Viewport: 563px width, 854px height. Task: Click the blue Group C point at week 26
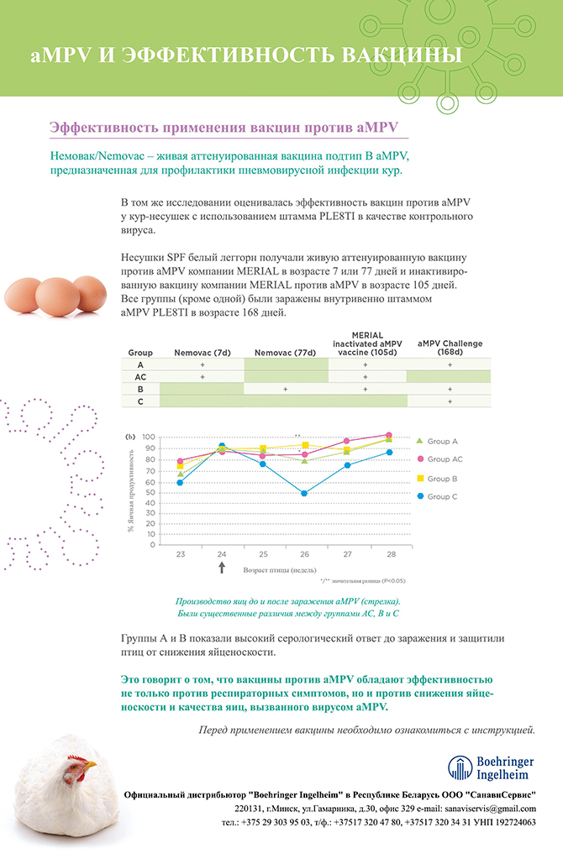pyautogui.click(x=304, y=494)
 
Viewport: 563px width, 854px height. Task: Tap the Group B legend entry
pyautogui.click(x=442, y=478)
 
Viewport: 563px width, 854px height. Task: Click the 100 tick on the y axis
pyautogui.click(x=150, y=437)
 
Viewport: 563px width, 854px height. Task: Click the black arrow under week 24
pyautogui.click(x=222, y=568)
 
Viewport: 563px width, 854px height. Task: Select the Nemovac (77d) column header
pyautogui.click(x=285, y=353)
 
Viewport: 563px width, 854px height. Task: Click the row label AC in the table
pyautogui.click(x=140, y=378)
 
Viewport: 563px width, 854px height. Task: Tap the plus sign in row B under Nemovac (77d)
pyautogui.click(x=285, y=390)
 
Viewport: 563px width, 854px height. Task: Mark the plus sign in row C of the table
pyautogui.click(x=450, y=402)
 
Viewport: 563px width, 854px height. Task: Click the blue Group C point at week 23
pyautogui.click(x=181, y=482)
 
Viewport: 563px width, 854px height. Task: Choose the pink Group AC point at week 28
pyautogui.click(x=387, y=435)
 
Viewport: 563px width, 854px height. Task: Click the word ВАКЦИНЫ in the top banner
pyautogui.click(x=398, y=55)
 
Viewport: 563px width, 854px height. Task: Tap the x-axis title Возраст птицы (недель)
pyautogui.click(x=278, y=570)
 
